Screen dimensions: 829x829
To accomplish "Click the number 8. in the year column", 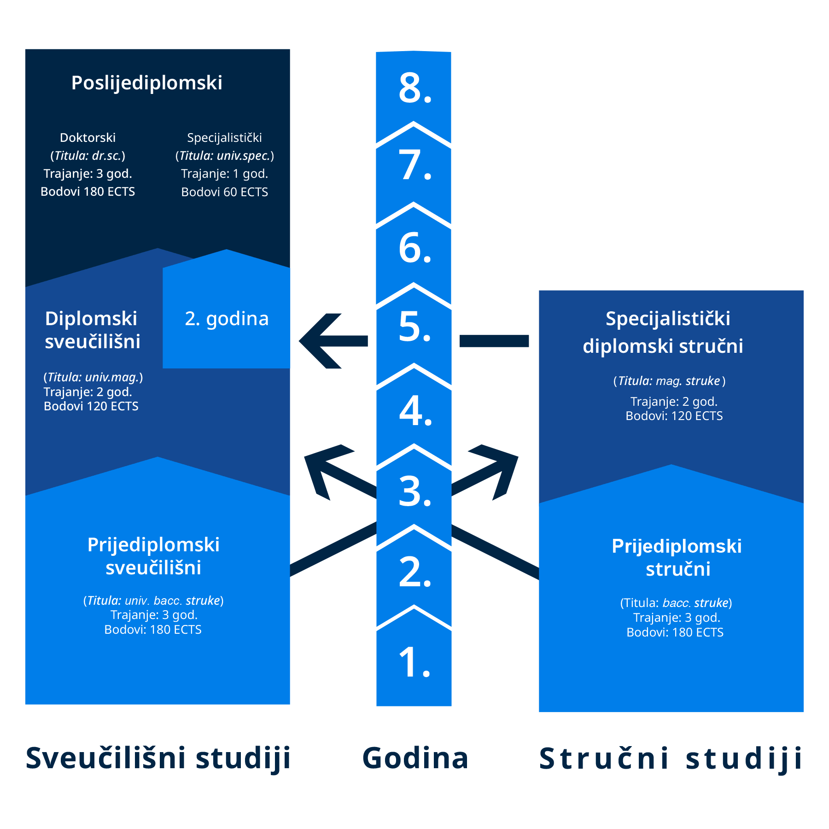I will click(x=414, y=88).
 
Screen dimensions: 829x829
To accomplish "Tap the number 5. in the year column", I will click(x=414, y=327).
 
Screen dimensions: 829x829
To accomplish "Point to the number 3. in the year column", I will click(x=414, y=491).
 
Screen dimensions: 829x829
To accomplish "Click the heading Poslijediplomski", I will click(x=147, y=83).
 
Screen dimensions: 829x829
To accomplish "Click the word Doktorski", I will click(x=88, y=138).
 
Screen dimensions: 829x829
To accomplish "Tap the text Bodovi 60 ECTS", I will click(x=225, y=192).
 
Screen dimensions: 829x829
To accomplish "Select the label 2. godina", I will click(x=227, y=319).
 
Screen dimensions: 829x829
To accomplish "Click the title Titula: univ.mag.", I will click(x=93, y=377).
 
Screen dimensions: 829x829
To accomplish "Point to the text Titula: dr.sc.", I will click(x=88, y=156).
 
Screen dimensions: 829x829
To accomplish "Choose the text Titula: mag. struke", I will click(x=669, y=381).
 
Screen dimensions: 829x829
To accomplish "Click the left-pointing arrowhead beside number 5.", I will click(x=318, y=341).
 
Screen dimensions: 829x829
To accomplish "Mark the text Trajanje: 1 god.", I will click(x=225, y=174).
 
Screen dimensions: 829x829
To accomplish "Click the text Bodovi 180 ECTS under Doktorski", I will click(x=88, y=192).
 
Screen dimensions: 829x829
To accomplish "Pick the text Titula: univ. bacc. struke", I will click(x=153, y=601).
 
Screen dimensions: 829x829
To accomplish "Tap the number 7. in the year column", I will click(x=414, y=165).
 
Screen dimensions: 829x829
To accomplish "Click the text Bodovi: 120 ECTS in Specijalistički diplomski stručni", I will click(x=674, y=416).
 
